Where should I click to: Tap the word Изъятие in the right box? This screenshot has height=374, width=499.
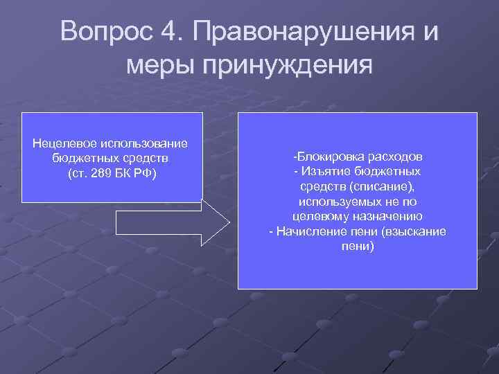point(324,170)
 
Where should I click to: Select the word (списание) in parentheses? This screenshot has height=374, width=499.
point(384,186)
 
